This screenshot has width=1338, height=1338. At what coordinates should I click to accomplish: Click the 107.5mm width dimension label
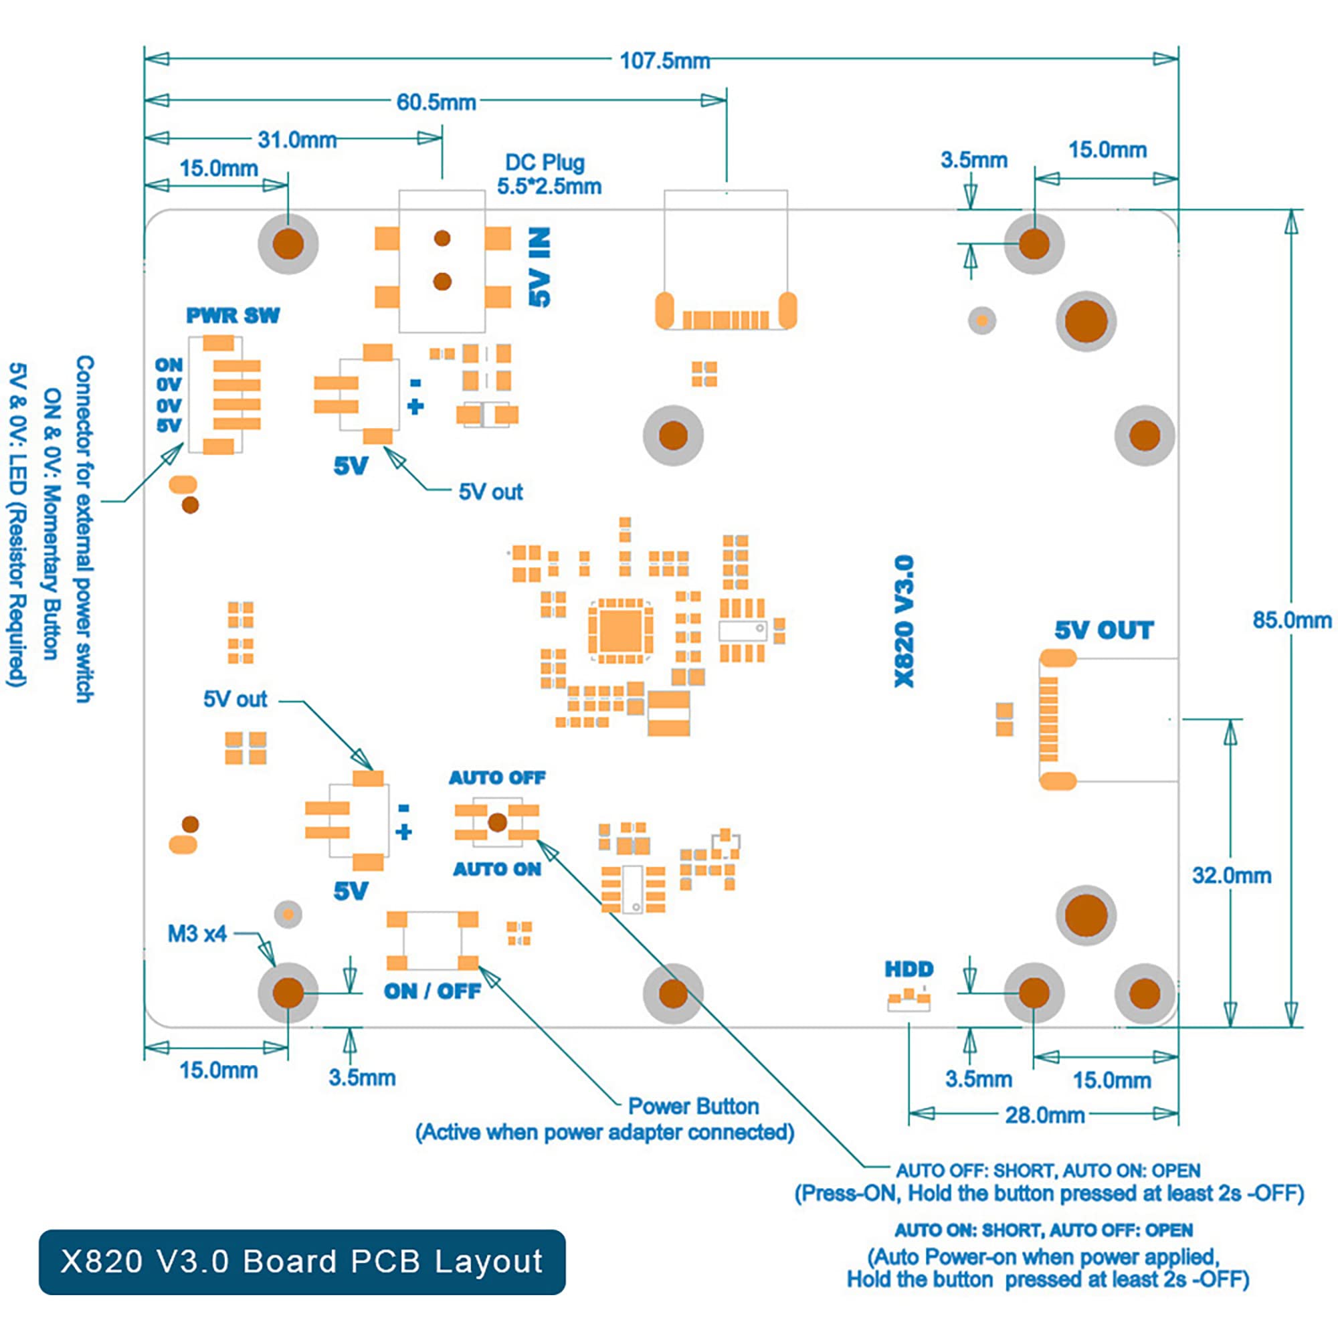[x=665, y=61]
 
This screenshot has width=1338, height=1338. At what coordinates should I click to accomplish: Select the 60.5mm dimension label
[x=436, y=102]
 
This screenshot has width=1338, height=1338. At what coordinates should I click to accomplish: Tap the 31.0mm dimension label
[x=297, y=140]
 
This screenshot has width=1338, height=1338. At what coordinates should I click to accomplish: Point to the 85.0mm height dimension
[x=1292, y=620]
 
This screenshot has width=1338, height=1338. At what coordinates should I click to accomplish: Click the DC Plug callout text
[x=549, y=175]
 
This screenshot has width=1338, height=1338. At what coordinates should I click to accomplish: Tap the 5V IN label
[x=540, y=267]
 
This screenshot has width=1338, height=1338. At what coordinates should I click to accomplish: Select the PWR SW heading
[x=233, y=316]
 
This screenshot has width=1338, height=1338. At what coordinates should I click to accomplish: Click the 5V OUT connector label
[x=1104, y=630]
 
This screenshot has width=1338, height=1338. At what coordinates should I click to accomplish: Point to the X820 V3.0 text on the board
[x=904, y=622]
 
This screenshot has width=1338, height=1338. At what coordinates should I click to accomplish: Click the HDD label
[x=909, y=969]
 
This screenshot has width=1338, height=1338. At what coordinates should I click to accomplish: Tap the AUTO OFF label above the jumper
[x=497, y=778]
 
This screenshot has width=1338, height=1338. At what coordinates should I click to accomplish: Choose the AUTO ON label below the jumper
[x=497, y=869]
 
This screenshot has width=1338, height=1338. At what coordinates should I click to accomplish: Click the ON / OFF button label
[x=433, y=991]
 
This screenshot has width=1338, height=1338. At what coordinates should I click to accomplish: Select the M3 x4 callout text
[x=197, y=934]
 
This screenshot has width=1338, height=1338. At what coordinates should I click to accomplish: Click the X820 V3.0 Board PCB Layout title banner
[x=302, y=1262]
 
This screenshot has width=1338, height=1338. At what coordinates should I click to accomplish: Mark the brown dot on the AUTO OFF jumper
[x=497, y=822]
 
